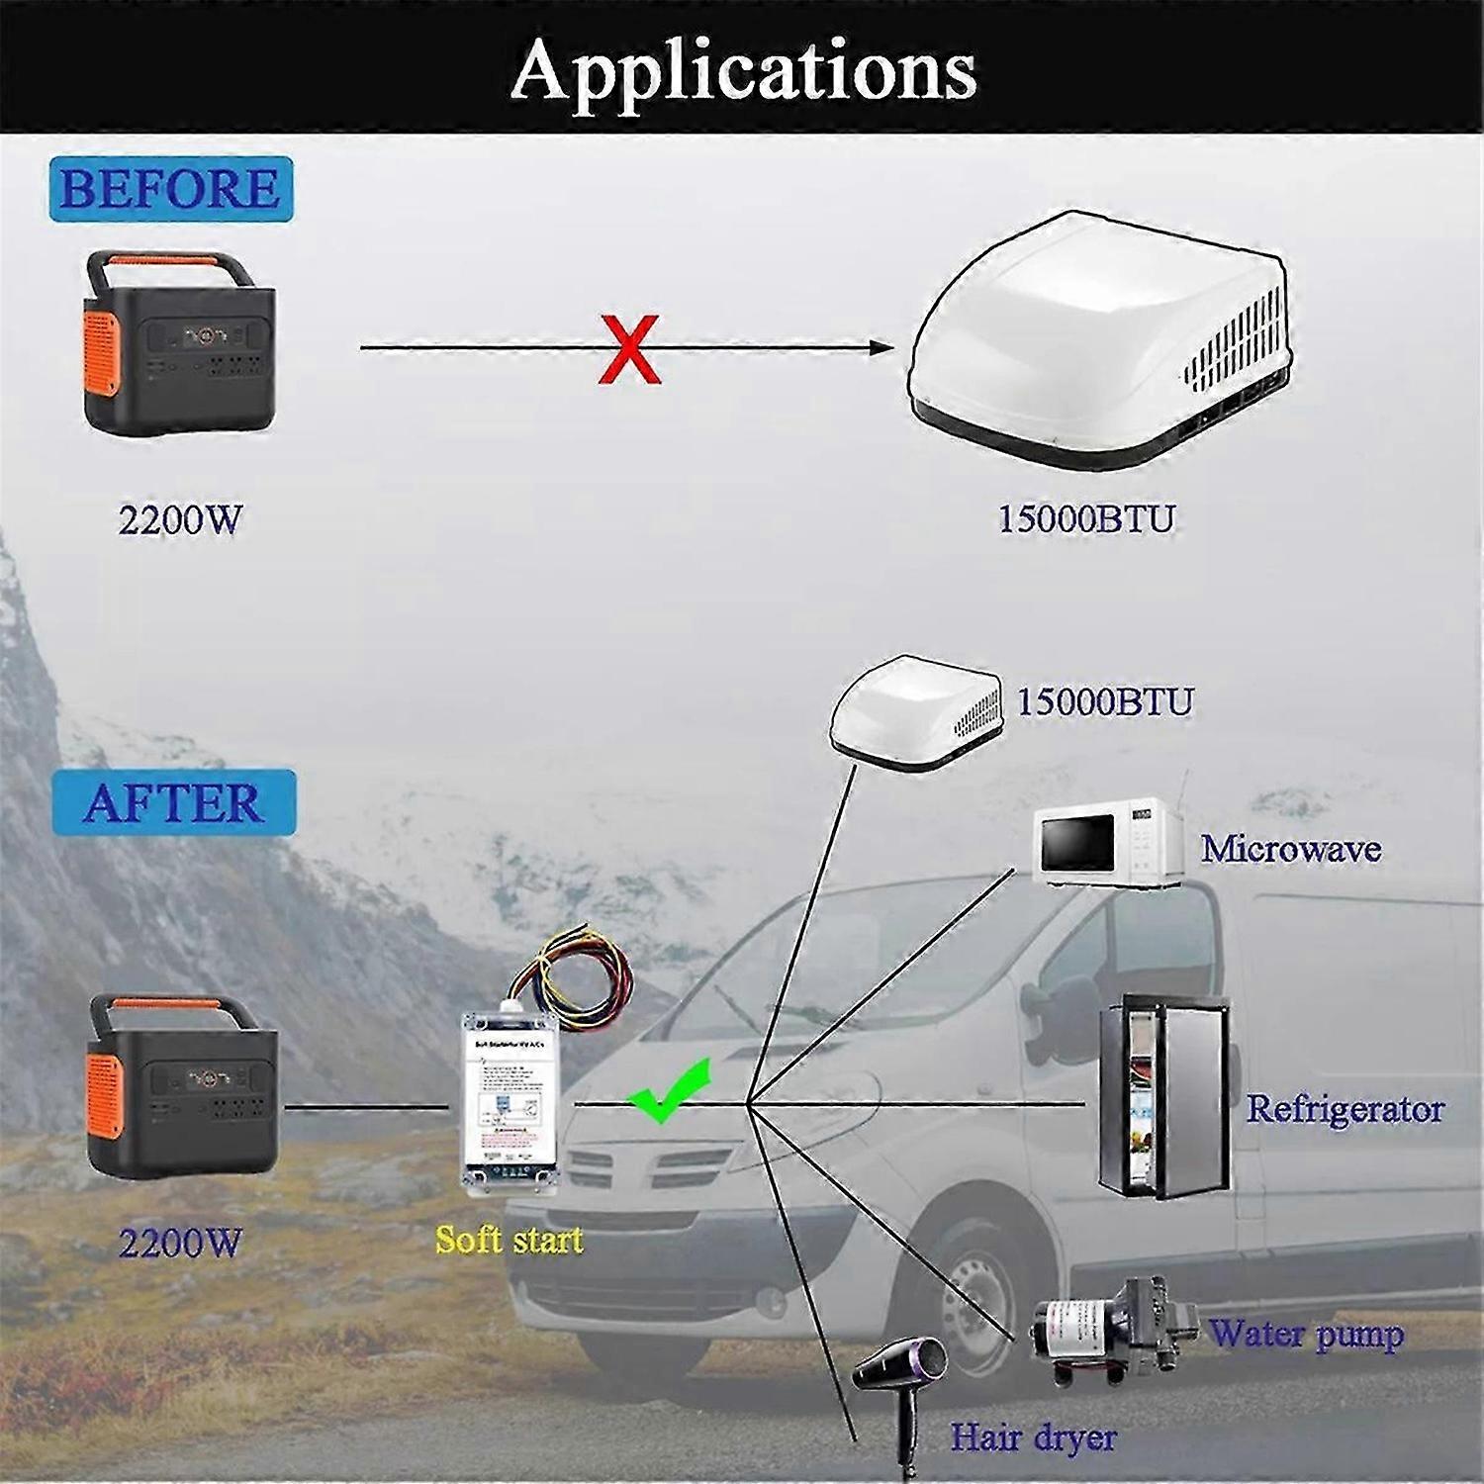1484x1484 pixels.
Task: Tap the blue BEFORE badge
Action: (x=170, y=187)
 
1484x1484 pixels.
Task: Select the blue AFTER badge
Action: (x=174, y=802)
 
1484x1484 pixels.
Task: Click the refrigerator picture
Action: (x=1164, y=1097)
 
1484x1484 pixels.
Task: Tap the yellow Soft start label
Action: (x=510, y=1241)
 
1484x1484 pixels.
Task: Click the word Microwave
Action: (x=1290, y=849)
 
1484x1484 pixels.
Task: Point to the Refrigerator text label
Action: (x=1345, y=1109)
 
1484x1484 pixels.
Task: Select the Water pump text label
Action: (x=1306, y=1335)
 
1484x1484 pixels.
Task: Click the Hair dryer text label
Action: (x=1033, y=1438)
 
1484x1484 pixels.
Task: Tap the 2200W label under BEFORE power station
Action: (x=179, y=520)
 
